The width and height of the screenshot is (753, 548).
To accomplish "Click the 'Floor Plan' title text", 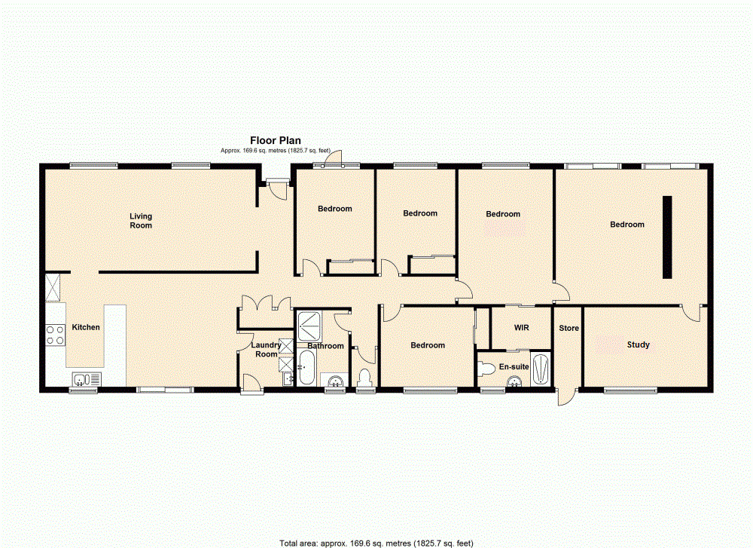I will pos(276,140).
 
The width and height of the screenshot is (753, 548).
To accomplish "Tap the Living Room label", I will pos(141,221).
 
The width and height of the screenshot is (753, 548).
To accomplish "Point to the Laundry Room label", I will pos(266,349).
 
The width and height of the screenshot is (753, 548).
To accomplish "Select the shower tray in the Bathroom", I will pos(309,326).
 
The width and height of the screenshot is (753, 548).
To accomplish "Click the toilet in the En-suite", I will pos(486,369).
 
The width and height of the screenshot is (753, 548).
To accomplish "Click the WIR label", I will pos(521,329).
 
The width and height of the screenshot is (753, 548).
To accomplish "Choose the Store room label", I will pos(569,329).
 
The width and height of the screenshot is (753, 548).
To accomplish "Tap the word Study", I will pos(638,345).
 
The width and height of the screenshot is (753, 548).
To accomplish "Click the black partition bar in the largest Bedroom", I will pos(667,237).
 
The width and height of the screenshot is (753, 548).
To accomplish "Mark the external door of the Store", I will pos(566,397).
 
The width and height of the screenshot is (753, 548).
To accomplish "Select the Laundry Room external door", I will pos(252,384).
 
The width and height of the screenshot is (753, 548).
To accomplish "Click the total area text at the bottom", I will pos(376,543).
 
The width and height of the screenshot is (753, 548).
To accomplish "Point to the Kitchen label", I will pos(86,328).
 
